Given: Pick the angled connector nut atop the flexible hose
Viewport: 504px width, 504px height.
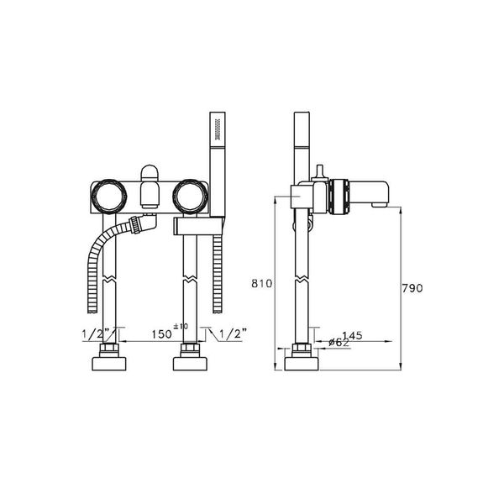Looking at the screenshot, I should (x=139, y=225).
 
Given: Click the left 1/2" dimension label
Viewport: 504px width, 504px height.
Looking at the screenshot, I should (x=96, y=333).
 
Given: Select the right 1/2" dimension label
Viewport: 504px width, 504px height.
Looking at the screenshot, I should (x=232, y=333).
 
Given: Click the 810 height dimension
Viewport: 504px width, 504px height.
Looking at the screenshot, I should (x=261, y=285).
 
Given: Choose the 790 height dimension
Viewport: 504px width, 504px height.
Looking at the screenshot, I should (x=411, y=288).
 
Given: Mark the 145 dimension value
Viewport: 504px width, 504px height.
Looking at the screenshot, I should (x=352, y=335).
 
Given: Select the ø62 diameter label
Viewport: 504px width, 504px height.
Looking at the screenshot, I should (x=338, y=342).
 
